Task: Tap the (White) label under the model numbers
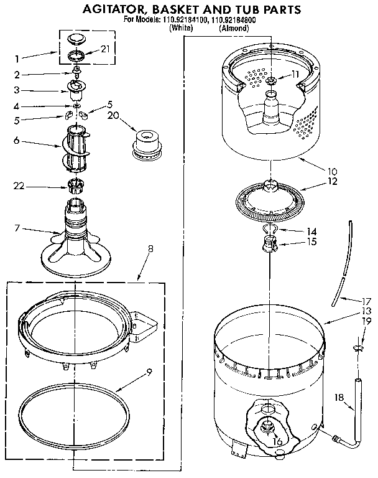(180, 27)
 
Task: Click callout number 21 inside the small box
(104, 49)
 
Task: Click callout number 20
(113, 115)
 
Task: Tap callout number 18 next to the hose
(339, 396)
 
